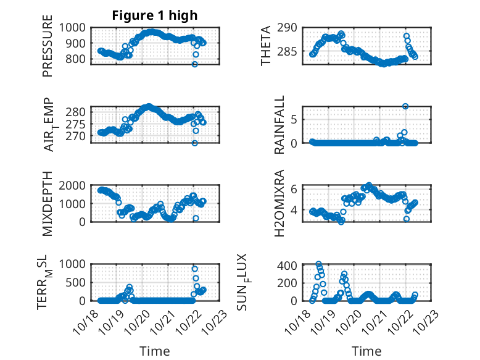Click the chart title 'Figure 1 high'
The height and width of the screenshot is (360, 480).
(x=155, y=15)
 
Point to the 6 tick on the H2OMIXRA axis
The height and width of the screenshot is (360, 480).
(x=296, y=189)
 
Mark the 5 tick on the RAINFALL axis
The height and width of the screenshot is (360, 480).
(x=296, y=119)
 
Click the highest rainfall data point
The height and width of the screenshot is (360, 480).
(x=405, y=106)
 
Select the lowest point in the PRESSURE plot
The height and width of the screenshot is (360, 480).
(x=195, y=64)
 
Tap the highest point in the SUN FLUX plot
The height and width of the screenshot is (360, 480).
(x=319, y=264)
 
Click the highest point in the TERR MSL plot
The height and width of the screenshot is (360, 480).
(x=195, y=269)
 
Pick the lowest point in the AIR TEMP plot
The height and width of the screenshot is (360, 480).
(x=194, y=143)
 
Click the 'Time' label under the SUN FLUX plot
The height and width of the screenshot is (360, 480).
(x=366, y=351)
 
